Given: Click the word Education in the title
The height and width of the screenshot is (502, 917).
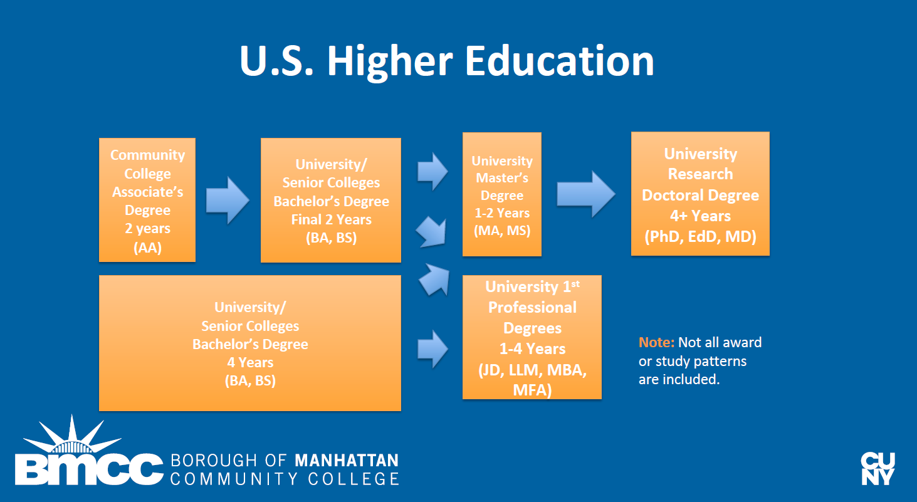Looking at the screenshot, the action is click(x=560, y=61).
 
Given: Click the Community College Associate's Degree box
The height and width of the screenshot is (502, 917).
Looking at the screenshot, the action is click(x=147, y=200).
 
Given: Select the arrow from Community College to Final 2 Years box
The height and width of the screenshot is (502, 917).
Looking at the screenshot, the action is click(x=228, y=201).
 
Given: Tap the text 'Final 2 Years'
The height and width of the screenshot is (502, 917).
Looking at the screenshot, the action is click(x=331, y=219).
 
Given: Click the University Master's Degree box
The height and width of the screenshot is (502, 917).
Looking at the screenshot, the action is click(x=502, y=194).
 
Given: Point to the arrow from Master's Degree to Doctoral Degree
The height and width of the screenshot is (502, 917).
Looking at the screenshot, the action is click(x=586, y=194).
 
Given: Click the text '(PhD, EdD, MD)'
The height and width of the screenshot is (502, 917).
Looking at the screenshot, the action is click(x=700, y=237).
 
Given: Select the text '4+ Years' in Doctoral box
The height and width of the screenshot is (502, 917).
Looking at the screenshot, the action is click(x=700, y=216).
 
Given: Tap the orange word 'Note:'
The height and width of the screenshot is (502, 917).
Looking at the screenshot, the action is click(x=657, y=342).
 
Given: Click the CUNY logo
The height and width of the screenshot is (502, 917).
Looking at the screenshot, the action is click(x=878, y=469).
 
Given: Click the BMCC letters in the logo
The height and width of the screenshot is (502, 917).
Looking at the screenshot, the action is click(x=89, y=469).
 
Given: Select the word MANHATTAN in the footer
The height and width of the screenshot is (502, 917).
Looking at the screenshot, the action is click(x=347, y=460).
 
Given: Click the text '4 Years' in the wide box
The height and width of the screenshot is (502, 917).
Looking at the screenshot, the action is click(x=250, y=362).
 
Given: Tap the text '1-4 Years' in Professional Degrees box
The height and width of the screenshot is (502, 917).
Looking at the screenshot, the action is click(x=532, y=349).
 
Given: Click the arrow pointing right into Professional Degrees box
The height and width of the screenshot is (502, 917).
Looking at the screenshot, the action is click(x=432, y=350).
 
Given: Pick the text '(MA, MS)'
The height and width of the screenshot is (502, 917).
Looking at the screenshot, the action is click(x=502, y=231).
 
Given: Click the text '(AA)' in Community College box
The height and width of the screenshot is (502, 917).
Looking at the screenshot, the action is click(x=147, y=248).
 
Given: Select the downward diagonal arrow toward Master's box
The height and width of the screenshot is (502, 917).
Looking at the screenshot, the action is click(x=431, y=232).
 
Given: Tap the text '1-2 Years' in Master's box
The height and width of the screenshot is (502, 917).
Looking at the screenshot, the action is click(x=502, y=213).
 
